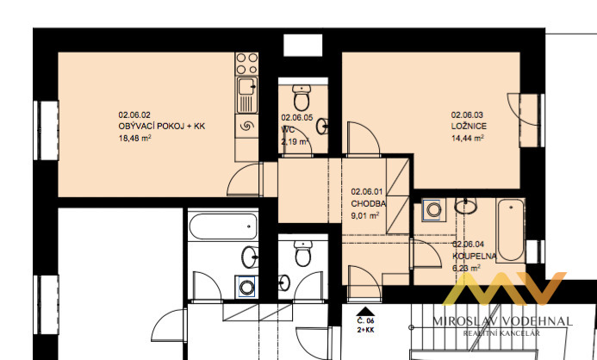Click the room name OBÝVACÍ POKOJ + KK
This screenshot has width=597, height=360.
point(162,126)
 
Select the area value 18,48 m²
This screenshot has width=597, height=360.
point(135,137)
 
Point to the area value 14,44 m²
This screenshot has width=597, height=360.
point(469,137)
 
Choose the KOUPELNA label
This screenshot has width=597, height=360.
point(473,256)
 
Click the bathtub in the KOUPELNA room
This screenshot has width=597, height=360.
point(510,229)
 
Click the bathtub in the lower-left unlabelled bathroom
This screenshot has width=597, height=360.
point(222,228)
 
